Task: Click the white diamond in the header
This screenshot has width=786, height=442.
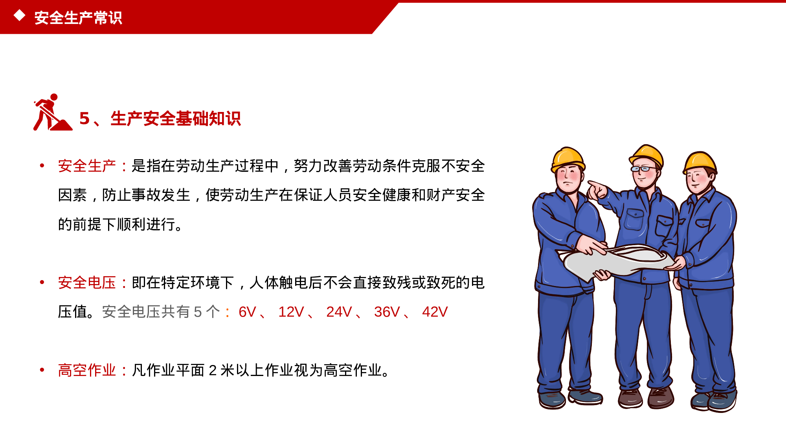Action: (x=19, y=16)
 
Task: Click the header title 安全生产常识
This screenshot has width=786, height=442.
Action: (x=78, y=18)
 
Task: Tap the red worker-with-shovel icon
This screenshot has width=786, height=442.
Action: (x=52, y=113)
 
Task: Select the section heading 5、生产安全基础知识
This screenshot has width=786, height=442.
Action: (x=160, y=118)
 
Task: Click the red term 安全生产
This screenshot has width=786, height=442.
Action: (x=87, y=166)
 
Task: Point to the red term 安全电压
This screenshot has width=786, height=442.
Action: (x=87, y=282)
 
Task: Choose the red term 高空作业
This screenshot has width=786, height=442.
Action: (x=87, y=370)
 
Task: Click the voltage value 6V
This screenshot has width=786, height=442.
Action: (x=247, y=312)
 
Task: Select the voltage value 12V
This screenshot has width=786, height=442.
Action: (x=291, y=312)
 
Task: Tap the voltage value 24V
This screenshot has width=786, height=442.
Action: (x=339, y=312)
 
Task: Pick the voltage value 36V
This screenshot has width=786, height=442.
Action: (x=387, y=312)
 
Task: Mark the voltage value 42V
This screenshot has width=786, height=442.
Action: (x=435, y=312)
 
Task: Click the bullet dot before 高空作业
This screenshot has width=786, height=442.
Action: (x=42, y=370)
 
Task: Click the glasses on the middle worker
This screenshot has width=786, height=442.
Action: (x=642, y=169)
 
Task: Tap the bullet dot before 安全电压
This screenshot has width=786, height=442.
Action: (x=42, y=282)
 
